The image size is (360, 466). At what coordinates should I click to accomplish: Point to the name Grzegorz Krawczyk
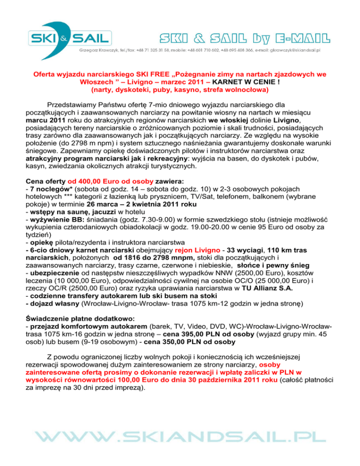pos(99,50)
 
